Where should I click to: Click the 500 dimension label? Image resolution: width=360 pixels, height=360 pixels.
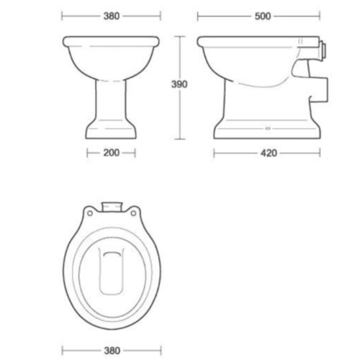coord(263,15)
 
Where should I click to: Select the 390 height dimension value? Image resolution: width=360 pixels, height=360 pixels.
coord(179,85)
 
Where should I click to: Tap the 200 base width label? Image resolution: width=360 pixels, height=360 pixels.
coord(110,153)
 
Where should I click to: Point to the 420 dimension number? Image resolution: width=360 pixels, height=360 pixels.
coord(268,153)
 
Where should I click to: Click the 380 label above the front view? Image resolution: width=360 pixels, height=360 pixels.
coord(110,15)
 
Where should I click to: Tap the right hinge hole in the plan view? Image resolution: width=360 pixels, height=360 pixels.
coord(133,213)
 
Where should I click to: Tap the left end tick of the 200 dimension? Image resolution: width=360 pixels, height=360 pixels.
coord(87,153)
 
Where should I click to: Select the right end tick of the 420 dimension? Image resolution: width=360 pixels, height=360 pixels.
coord(320,153)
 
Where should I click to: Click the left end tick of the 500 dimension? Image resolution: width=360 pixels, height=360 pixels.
coord(198,15)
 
